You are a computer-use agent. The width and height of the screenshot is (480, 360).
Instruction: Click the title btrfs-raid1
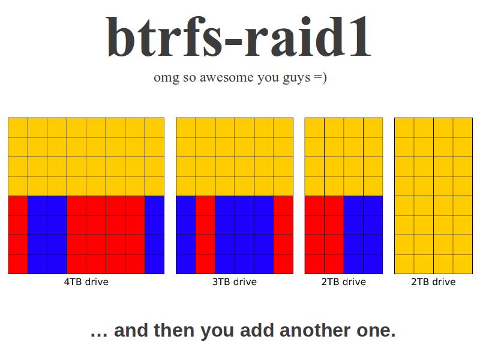239,37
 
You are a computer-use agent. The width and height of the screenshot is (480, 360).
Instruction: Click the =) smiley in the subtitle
320,77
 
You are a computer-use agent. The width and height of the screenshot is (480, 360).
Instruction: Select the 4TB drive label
86,281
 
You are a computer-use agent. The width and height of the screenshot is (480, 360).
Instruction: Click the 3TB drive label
235,281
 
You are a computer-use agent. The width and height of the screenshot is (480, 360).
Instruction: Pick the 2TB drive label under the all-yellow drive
433,281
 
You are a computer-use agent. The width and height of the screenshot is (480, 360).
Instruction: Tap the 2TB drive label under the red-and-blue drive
343,281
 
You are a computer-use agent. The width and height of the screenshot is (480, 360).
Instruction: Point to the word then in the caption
174,331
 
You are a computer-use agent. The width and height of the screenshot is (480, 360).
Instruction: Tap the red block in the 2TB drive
324,235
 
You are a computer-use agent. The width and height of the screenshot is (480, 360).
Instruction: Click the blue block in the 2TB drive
364,235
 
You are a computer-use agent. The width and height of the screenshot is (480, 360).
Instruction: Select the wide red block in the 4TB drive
106,235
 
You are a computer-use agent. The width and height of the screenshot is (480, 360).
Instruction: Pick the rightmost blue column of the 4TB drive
155,235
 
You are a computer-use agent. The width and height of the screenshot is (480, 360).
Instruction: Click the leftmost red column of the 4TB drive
18,235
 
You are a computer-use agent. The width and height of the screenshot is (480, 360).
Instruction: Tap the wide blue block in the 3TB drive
244,235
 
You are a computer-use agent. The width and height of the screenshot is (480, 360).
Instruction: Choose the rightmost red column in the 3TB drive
283,235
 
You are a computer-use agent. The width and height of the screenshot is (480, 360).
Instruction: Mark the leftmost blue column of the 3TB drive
186,235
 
